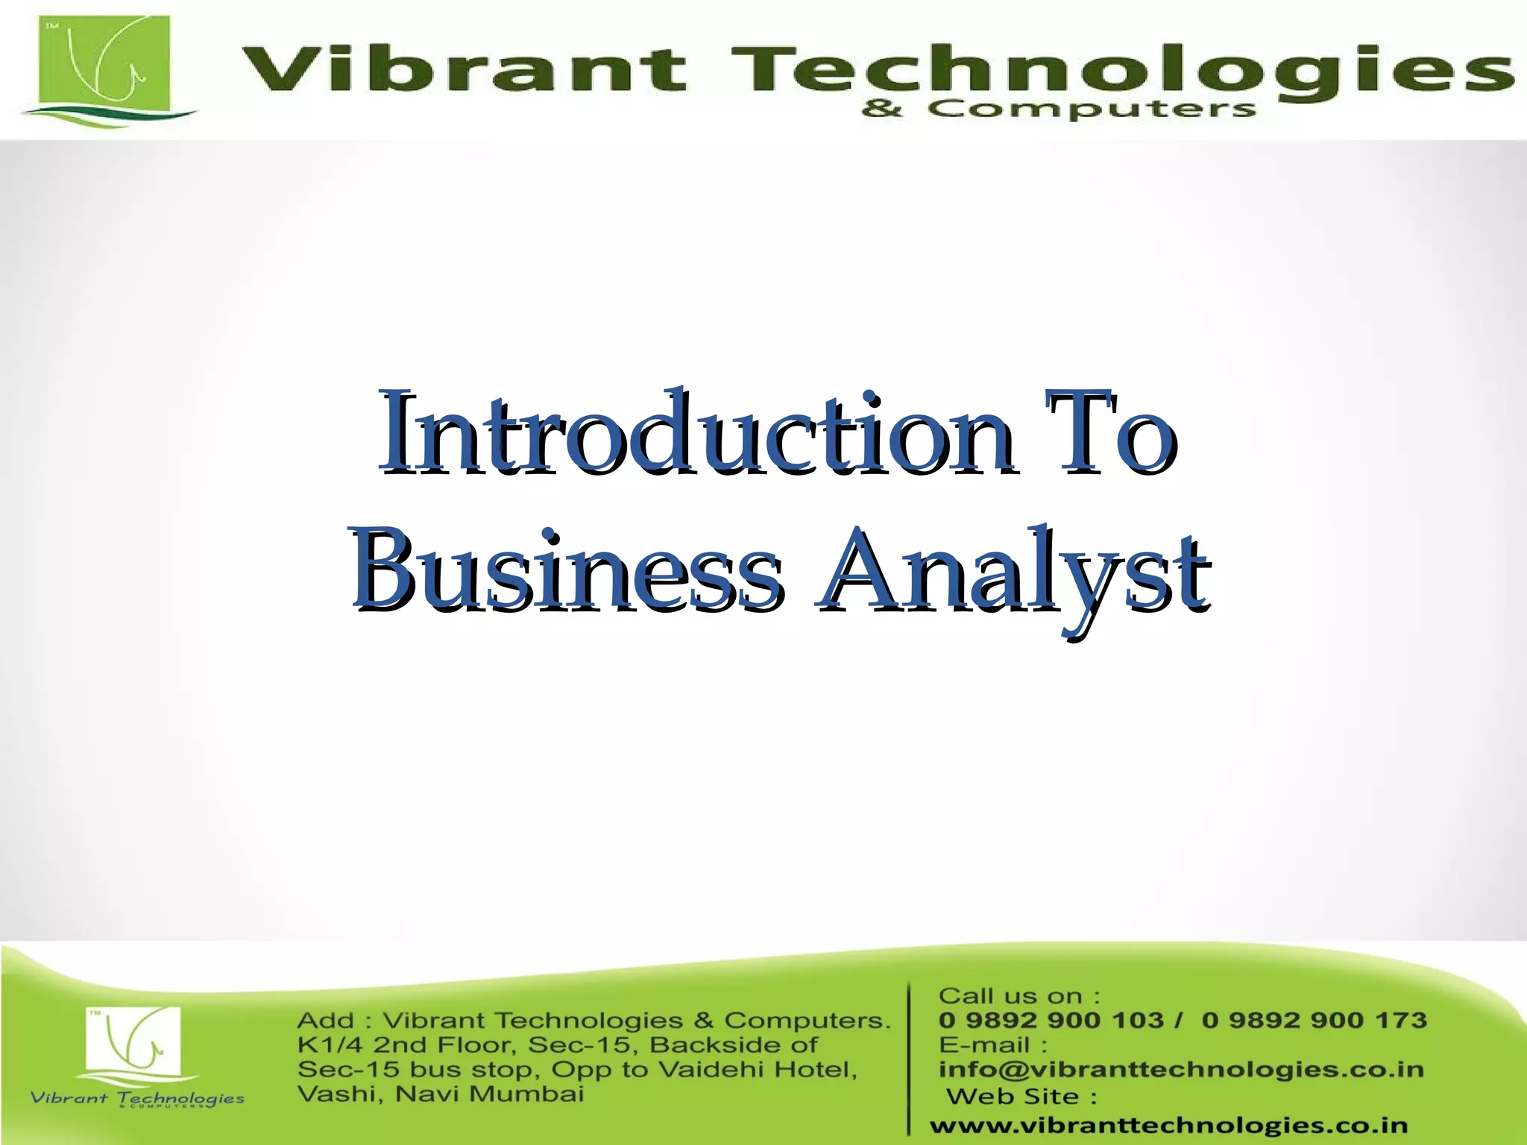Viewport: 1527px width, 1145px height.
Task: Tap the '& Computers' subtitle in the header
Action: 1059,110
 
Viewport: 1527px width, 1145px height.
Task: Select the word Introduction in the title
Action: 693,432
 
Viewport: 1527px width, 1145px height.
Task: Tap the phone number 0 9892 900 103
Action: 1051,1020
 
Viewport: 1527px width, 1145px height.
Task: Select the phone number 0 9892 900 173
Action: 1314,1020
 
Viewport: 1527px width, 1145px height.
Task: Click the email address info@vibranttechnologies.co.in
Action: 1181,1070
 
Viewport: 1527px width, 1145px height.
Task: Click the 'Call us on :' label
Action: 1018,996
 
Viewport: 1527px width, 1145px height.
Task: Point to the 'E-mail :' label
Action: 993,1045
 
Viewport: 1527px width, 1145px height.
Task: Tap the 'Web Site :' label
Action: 1021,1097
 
